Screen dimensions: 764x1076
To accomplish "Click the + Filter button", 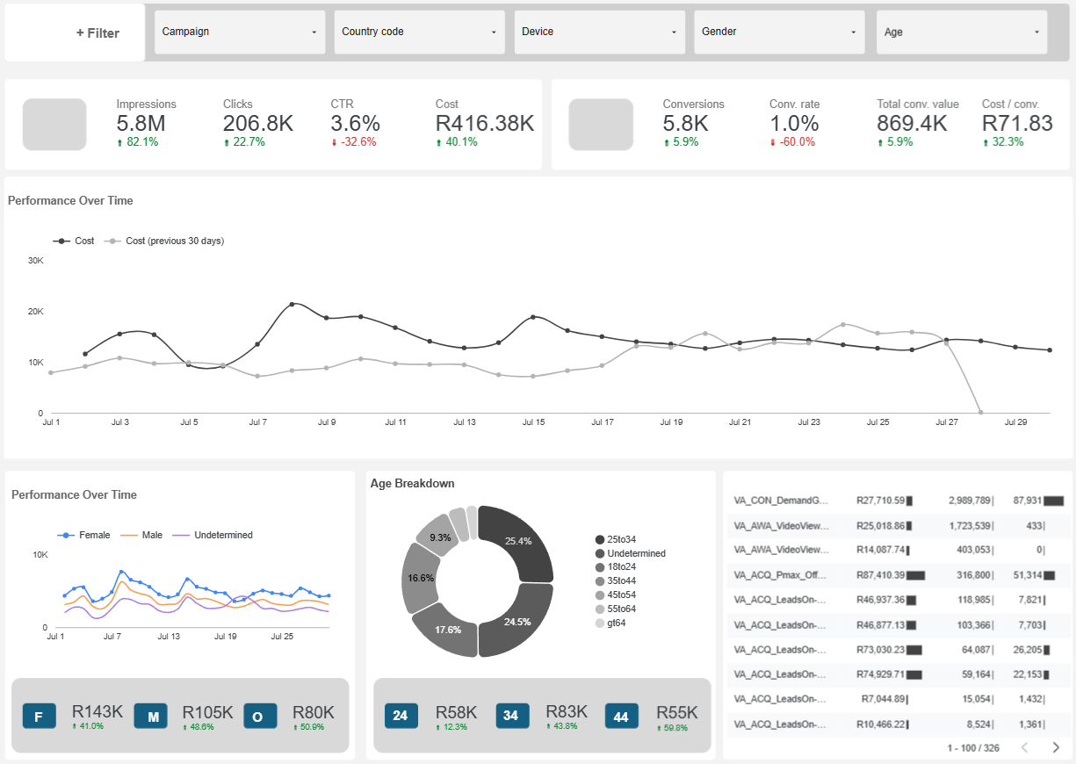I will point(97,33).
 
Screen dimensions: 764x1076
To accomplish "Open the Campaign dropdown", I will point(240,32).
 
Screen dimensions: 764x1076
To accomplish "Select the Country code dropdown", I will point(420,32).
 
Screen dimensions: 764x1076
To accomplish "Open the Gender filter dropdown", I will point(779,32).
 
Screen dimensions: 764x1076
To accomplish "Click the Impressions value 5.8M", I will point(141,124).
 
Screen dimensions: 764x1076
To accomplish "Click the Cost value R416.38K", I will point(484,124).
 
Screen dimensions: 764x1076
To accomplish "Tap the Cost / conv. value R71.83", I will point(1016,124).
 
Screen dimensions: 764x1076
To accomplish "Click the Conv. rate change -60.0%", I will point(796,142).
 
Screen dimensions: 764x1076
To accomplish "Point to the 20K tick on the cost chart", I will point(36,312).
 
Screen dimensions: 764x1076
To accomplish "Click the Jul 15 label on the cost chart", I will point(533,422).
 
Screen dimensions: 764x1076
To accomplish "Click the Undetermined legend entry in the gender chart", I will point(223,535).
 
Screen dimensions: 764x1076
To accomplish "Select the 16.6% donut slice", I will point(420,578).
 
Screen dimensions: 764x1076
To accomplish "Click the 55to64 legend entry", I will point(621,609).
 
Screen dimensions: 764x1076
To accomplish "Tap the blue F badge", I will point(39,717).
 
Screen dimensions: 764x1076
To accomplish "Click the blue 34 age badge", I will point(510,716).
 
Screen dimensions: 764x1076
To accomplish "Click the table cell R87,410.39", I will point(880,575).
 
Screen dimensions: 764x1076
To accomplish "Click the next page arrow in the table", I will point(1056,747).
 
